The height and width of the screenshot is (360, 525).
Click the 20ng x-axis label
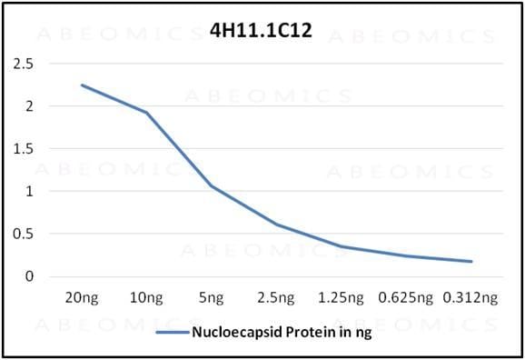click(83, 297)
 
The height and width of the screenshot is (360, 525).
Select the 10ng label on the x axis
click(147, 297)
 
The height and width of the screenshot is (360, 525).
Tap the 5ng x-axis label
click(211, 297)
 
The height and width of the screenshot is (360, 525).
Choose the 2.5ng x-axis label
click(276, 297)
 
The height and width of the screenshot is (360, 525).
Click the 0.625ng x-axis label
click(406, 297)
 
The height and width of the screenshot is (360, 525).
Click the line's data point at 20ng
click(83, 85)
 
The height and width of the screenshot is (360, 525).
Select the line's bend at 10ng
click(147, 113)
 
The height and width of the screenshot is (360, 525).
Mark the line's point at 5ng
click(212, 186)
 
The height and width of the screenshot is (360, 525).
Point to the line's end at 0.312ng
click(471, 262)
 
